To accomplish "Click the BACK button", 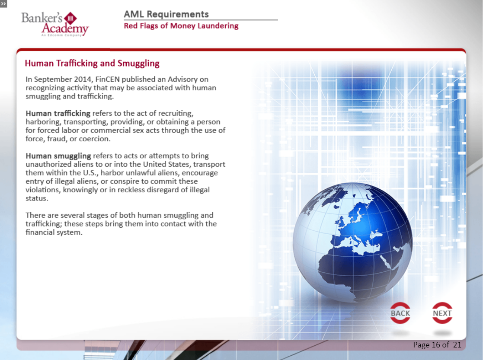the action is (400, 313).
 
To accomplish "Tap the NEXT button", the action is (442, 313).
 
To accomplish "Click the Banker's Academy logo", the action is (55, 24).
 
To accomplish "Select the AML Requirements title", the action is (166, 14).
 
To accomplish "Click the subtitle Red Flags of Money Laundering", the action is (181, 26).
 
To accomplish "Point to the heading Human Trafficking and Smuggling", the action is (92, 64).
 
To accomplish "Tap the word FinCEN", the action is (107, 79).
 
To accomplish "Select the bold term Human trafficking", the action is (58, 113).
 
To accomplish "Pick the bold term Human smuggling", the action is (58, 156).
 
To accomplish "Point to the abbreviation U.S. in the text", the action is (90, 173).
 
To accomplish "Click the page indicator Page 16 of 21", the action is (437, 345).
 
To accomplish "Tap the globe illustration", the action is (352, 242).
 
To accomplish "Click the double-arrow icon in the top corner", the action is (3, 4).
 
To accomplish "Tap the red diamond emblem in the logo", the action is (70, 19).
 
